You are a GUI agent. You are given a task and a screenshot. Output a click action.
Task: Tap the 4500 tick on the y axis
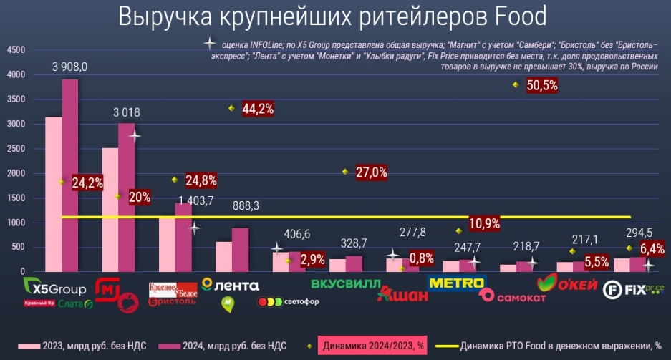pos(16,50)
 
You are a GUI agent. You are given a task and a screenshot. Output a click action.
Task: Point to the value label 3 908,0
pos(70,67)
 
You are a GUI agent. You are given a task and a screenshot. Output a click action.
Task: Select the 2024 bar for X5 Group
pos(70,175)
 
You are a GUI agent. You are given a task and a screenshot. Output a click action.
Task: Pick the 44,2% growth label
pos(259,109)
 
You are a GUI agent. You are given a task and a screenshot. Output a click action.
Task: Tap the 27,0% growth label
pos(371,172)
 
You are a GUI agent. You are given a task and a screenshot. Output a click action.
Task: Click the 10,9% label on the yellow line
pos(484,223)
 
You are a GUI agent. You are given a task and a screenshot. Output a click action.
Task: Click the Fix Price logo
pos(634,289)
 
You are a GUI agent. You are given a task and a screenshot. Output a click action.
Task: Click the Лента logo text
pos(231,284)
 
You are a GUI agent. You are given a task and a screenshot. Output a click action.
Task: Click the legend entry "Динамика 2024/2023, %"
pos(375,346)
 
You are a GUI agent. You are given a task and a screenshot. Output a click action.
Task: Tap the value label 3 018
pos(126,112)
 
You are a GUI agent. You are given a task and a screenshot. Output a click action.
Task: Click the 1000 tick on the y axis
pos(16,223)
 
